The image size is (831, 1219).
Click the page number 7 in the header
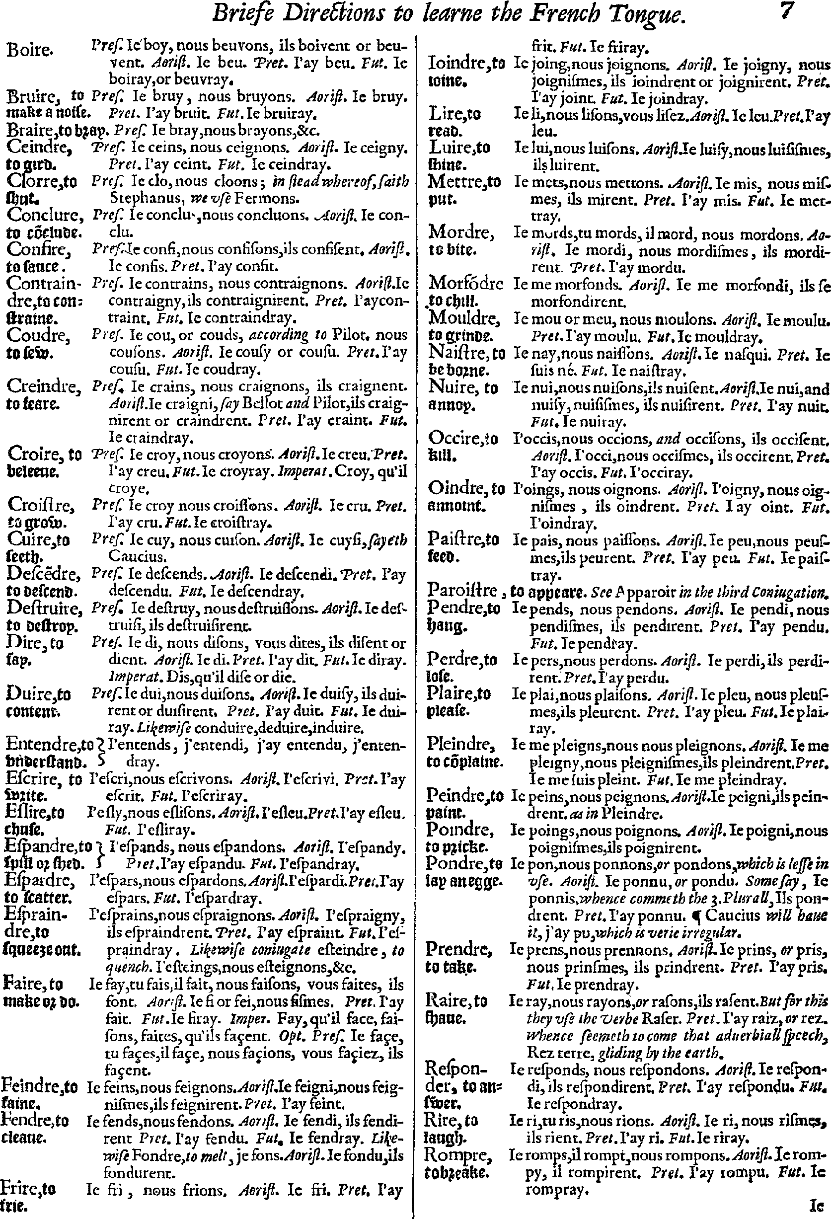tap(787, 11)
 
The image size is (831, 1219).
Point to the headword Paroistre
tap(461, 591)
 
